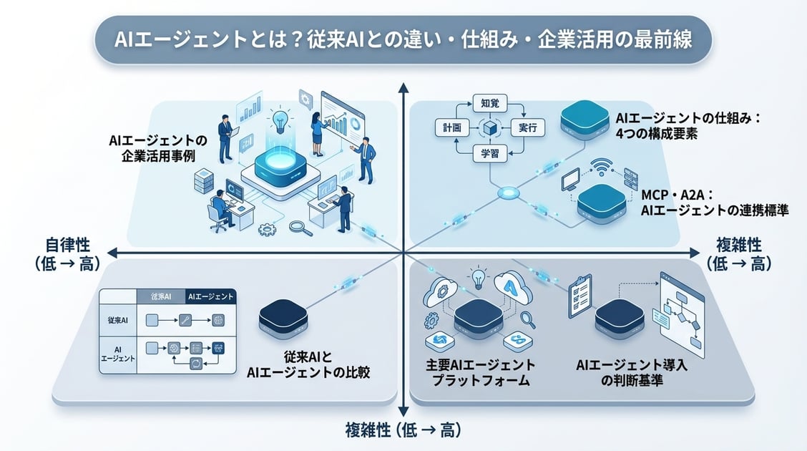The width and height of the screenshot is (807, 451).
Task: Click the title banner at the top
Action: click(x=403, y=40)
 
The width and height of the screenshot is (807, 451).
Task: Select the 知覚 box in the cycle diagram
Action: click(x=490, y=103)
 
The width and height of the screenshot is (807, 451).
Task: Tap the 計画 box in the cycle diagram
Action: click(x=451, y=128)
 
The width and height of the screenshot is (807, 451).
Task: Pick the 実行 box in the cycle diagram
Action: click(x=529, y=128)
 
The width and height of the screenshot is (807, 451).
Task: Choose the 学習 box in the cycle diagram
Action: click(x=490, y=153)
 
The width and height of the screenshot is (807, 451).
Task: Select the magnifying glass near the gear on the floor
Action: click(x=298, y=228)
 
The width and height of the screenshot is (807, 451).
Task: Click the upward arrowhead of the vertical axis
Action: click(x=403, y=87)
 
